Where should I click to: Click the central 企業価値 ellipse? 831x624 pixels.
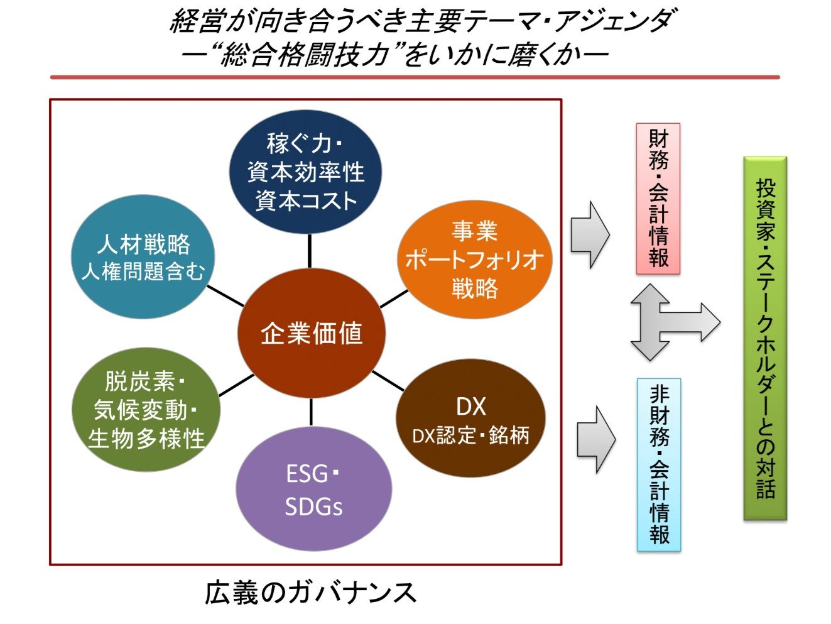(311, 333)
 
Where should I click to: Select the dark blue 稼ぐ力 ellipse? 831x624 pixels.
(306, 171)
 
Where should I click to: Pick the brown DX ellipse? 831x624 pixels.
(470, 419)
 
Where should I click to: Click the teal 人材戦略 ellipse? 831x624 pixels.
(143, 256)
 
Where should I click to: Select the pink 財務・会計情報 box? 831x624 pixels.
(658, 199)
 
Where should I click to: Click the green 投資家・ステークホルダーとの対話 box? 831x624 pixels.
(765, 338)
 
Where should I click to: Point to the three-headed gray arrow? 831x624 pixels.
(666, 322)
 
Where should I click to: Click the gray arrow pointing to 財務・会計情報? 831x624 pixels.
(590, 234)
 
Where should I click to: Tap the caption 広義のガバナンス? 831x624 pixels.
(311, 593)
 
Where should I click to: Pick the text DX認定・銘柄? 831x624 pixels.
(470, 435)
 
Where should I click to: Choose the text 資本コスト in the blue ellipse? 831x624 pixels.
(306, 200)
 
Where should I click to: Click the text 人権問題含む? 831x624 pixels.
(143, 271)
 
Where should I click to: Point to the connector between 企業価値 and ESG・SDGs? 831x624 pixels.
(311, 411)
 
